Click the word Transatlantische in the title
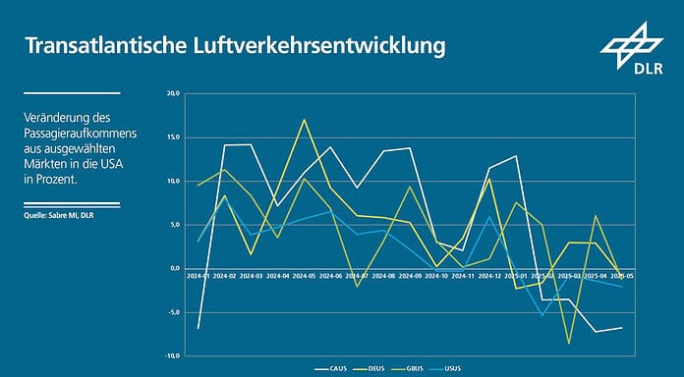tap(105, 46)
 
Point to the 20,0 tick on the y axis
tap(173, 94)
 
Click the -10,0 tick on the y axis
tap(172, 355)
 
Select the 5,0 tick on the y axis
tap(174, 225)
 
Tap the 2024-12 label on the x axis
tap(489, 277)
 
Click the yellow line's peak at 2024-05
tap(305, 120)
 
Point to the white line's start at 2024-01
tap(199, 328)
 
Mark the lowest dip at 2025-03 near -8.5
tap(569, 344)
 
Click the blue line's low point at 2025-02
tap(542, 315)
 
